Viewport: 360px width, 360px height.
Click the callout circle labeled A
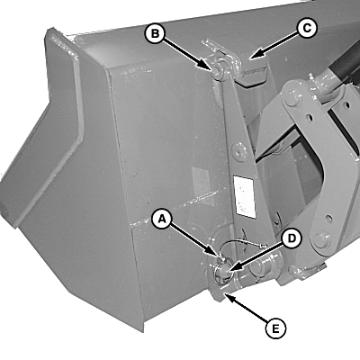162,220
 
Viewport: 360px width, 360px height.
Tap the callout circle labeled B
155,33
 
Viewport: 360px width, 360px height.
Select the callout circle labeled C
306,29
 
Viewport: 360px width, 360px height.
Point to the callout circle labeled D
292,238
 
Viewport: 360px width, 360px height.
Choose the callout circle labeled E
275,328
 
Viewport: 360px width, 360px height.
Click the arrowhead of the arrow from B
206,67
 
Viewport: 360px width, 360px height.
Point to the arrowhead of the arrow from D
231,271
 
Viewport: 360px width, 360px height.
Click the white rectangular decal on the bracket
245,196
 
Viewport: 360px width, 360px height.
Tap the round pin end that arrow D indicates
221,270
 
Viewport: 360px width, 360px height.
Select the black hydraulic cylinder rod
345,65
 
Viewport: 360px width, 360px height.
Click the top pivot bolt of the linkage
291,99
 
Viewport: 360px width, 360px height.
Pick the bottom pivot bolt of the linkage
322,240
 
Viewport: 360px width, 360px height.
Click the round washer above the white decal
239,152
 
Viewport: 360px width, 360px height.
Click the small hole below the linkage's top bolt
308,117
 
